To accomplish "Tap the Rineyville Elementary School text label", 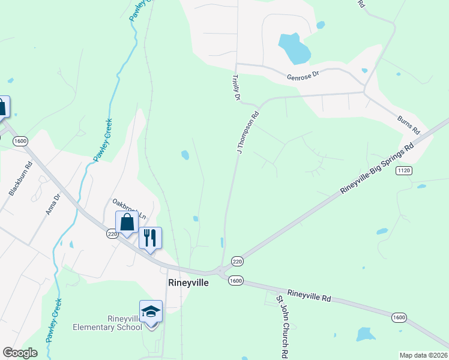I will point(107,322).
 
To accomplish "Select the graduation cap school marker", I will point(151,312).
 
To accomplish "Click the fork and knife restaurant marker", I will point(150,237).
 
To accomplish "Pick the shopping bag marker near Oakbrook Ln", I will point(127,223).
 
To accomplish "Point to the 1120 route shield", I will point(403,171).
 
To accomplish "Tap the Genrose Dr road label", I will point(304,77).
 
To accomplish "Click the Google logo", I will point(20,353).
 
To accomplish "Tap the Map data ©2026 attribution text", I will point(423,355).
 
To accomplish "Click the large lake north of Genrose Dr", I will point(294,49).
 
